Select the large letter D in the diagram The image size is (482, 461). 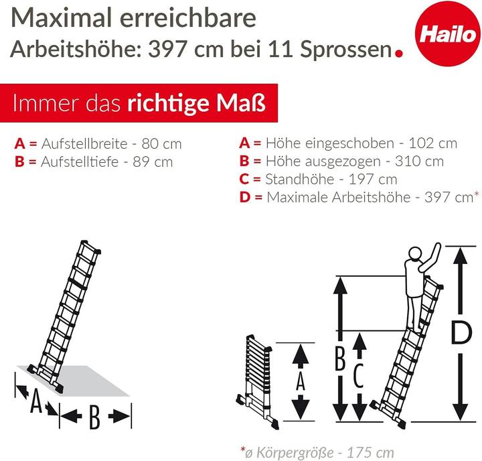pos(457,332)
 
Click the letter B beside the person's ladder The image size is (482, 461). pos(339,360)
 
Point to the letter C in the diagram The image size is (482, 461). pos(358,379)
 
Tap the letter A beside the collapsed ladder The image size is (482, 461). pos(301,382)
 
